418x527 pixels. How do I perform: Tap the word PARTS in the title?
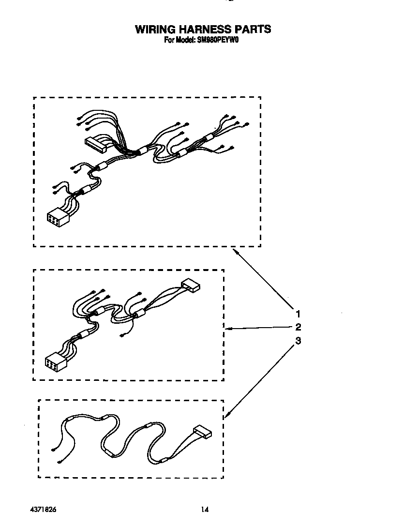point(254,30)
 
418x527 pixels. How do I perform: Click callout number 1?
point(299,313)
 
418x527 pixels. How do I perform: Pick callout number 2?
point(299,327)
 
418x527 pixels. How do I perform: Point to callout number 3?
point(299,341)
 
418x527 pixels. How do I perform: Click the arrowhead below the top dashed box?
point(235,251)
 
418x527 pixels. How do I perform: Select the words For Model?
point(180,41)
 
